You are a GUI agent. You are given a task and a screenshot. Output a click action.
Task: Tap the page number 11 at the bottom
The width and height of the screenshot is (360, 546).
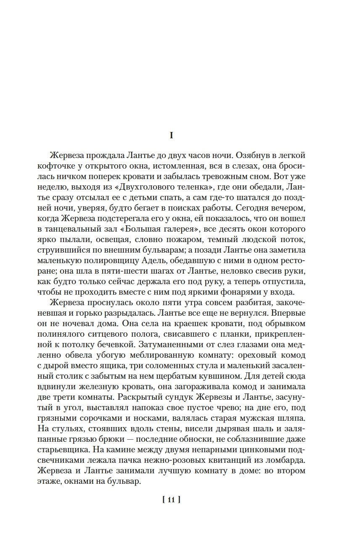click(x=171, y=500)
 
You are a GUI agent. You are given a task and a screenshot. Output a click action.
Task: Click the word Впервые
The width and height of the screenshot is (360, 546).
click(x=288, y=313)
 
